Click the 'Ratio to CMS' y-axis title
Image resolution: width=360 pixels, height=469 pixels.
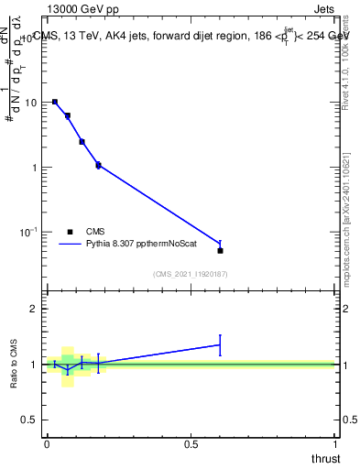(x=14, y=364)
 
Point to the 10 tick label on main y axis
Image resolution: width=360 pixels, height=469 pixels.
(x=32, y=103)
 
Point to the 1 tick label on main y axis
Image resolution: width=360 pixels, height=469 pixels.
(x=35, y=168)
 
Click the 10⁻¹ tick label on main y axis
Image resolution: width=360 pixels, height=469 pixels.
(x=30, y=233)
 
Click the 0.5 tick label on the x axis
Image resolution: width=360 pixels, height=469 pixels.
(x=191, y=444)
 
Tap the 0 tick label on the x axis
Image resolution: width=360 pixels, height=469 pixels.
(x=47, y=444)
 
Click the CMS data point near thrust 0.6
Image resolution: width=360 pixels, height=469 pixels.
(x=220, y=250)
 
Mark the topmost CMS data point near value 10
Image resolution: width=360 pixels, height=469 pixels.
(x=55, y=102)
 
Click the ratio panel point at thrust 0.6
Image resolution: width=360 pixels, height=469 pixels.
(x=220, y=344)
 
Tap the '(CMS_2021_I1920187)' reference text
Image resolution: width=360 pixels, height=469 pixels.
(x=191, y=274)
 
